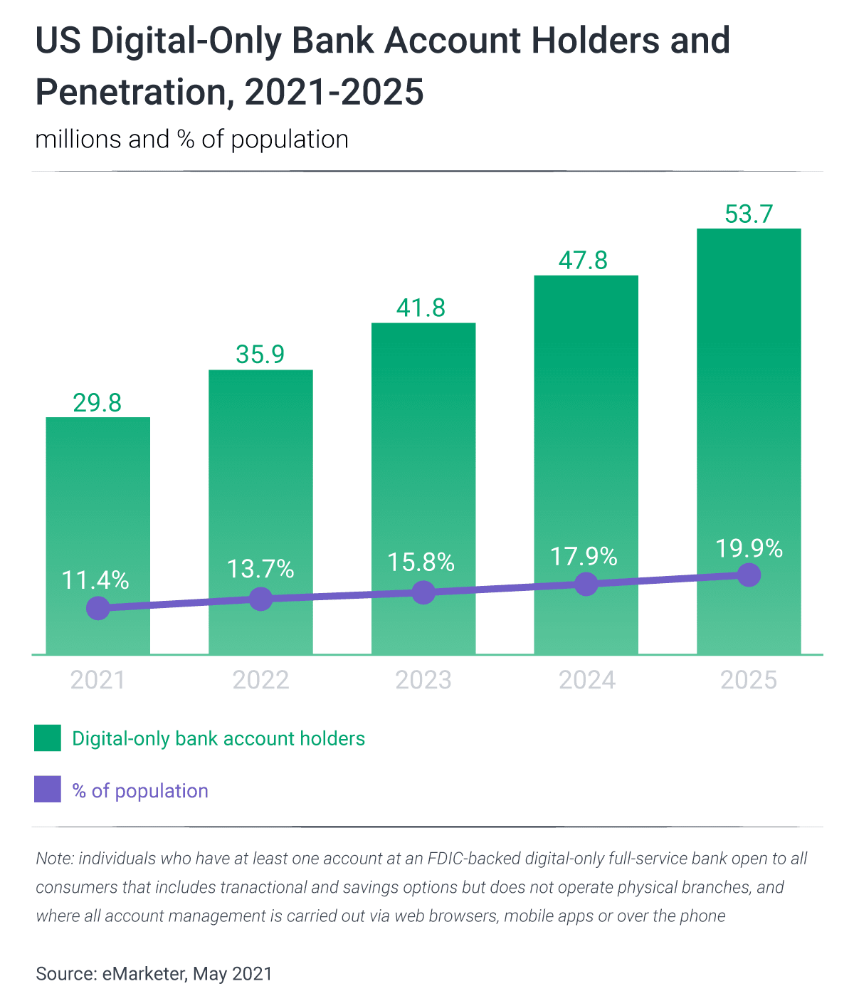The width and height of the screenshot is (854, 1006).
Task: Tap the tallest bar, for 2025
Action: click(749, 399)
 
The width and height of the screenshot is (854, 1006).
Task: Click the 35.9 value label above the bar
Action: click(260, 355)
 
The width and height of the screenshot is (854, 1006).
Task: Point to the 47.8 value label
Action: click(583, 261)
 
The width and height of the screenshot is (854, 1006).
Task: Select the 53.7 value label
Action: click(749, 214)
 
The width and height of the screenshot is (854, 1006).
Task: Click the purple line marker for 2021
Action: click(98, 608)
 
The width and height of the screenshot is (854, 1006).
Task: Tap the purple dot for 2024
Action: click(586, 584)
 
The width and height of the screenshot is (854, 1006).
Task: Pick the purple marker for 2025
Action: click(749, 575)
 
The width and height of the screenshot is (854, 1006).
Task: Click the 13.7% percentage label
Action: click(260, 569)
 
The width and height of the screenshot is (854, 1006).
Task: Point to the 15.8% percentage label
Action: click(421, 562)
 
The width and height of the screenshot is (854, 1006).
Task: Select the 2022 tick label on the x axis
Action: click(260, 680)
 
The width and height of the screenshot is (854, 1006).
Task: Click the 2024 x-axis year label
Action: click(586, 680)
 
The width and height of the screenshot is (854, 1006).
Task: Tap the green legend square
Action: click(48, 738)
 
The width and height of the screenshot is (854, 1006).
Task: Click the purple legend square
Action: click(48, 790)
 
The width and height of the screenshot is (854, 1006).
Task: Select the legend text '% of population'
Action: click(140, 791)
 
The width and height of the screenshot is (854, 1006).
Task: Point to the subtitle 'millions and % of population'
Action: click(192, 139)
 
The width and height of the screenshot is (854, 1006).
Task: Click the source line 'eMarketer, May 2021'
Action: click(187, 973)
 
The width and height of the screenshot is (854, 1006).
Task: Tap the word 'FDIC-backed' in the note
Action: click(473, 858)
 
